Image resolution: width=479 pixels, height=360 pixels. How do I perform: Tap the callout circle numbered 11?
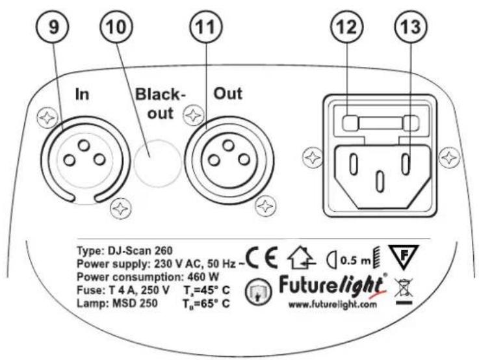(207, 27)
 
